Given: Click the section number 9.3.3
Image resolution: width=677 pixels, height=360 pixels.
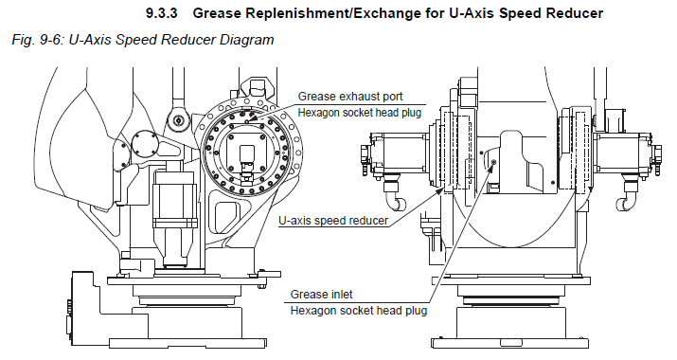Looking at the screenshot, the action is click(162, 13).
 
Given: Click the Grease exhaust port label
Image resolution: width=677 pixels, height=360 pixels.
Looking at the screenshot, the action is click(350, 97).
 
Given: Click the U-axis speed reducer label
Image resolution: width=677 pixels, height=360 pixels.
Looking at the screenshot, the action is click(333, 221).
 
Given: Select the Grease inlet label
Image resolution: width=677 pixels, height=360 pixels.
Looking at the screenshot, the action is click(321, 295).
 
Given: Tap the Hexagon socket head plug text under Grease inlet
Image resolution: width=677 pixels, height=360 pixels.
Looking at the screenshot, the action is click(359, 311).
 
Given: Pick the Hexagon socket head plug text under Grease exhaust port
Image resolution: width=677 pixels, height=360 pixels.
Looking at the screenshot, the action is click(360, 113).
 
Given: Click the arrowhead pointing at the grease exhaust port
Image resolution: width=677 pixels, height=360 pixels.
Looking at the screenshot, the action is click(252, 117).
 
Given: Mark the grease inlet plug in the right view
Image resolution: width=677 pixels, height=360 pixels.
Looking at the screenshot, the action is click(494, 162).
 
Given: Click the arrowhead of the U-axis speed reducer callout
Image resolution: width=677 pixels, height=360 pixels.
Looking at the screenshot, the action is click(439, 190).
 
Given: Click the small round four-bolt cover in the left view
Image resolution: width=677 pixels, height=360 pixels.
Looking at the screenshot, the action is click(145, 144).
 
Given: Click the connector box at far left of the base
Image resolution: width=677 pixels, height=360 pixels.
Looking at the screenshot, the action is click(82, 308).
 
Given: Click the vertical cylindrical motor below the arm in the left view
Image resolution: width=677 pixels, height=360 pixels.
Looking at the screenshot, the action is click(175, 212).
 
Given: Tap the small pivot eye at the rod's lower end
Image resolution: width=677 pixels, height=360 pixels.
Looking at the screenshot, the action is click(178, 119).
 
